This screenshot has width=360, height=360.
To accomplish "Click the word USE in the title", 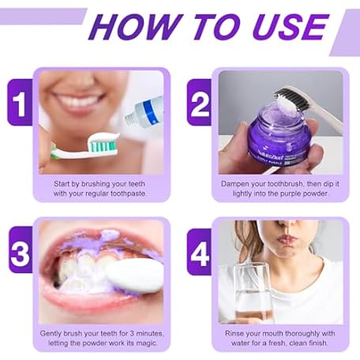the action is (291, 27).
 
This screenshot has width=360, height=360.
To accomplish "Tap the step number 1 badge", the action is (20, 102).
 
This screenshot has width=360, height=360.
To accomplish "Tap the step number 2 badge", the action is (199, 102).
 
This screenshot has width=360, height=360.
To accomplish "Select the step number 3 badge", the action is (21, 249).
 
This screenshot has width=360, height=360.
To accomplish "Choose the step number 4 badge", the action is (199, 252).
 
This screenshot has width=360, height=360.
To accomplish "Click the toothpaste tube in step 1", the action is (144, 111).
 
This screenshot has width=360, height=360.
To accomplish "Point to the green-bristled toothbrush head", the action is (103, 144).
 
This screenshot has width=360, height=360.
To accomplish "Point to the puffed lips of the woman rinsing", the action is (287, 240).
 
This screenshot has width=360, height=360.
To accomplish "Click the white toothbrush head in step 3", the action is (135, 276).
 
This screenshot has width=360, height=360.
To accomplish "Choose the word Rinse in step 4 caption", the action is (233, 333).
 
